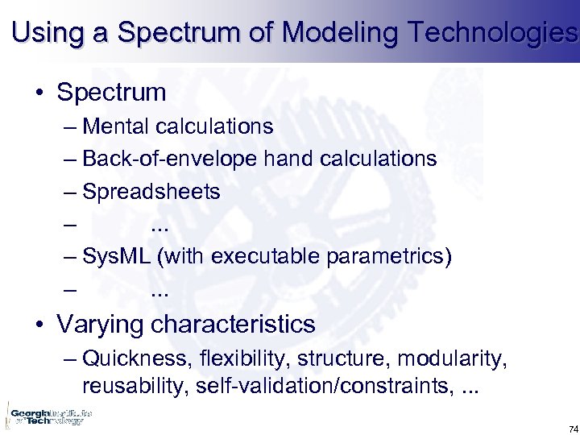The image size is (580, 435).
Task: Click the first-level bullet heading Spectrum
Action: tap(111, 92)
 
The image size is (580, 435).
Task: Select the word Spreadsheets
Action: tap(151, 191)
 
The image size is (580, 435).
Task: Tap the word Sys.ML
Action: tap(117, 256)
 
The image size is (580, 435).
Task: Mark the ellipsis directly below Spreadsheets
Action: tap(160, 224)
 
